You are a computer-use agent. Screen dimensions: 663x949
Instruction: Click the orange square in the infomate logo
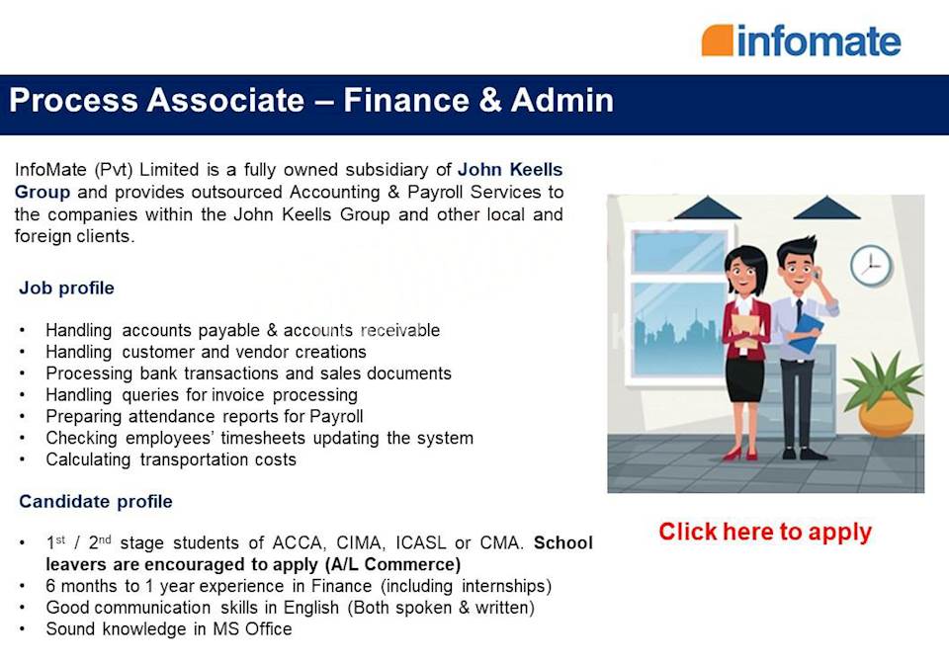click(x=717, y=41)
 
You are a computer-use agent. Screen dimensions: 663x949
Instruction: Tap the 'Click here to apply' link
click(x=765, y=532)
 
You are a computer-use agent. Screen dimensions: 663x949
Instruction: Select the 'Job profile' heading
click(x=66, y=289)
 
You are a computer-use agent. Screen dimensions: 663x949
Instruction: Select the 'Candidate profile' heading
click(x=95, y=501)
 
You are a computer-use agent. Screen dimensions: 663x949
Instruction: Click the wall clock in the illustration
click(x=870, y=265)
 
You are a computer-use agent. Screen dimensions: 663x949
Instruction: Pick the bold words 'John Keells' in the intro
click(x=510, y=170)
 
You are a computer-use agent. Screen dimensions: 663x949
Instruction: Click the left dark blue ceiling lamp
click(x=707, y=207)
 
